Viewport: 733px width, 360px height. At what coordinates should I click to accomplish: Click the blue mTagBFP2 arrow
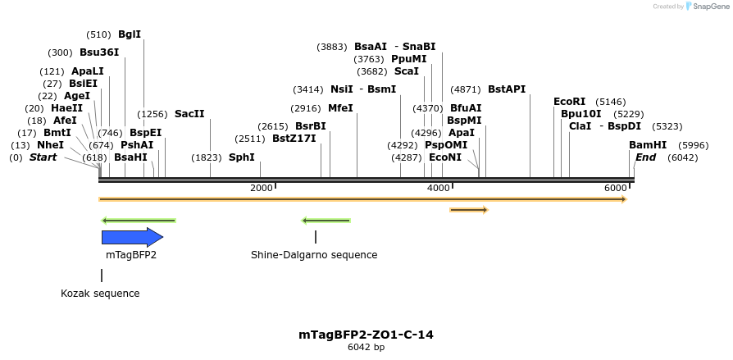pos(132,237)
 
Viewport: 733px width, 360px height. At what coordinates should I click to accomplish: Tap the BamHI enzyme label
pos(648,145)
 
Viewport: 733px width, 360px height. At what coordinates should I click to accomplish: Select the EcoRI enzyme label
pos(570,102)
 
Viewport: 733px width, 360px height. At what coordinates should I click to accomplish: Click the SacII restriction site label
pos(189,114)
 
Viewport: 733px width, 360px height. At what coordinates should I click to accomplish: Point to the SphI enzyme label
pos(242,157)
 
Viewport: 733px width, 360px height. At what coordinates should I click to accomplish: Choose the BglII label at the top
pos(130,34)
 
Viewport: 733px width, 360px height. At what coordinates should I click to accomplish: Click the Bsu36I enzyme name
pos(99,52)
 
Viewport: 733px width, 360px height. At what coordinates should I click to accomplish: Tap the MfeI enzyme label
pos(340,107)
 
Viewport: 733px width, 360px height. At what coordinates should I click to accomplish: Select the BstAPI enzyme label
pos(507,89)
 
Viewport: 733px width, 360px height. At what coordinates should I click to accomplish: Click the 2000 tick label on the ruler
pos(261,189)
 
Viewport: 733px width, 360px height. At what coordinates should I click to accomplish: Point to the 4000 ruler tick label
pos(439,189)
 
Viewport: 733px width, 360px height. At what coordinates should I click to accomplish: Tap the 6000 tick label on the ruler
pos(616,189)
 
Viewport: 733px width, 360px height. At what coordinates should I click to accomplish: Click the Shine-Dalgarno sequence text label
pos(314,255)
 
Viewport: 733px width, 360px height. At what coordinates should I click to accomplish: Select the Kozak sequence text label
pos(100,294)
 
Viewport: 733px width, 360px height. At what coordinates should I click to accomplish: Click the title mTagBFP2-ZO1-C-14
pos(366,335)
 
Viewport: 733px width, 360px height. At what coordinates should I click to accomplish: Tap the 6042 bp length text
pos(366,348)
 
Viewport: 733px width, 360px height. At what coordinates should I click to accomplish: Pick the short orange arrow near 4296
pos(468,211)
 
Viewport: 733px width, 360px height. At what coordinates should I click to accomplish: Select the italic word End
pos(645,157)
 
